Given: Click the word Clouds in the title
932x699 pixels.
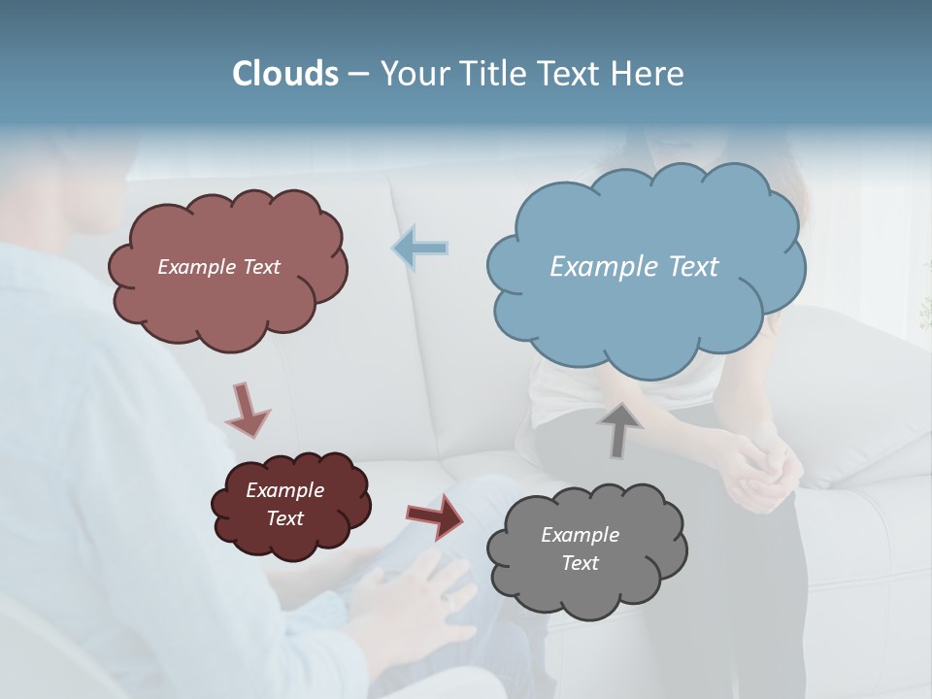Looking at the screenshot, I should (285, 74).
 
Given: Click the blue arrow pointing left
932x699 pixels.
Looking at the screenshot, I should (420, 249).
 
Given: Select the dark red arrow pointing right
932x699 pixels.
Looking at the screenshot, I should (435, 516).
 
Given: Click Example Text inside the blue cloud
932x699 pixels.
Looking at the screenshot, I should (634, 267).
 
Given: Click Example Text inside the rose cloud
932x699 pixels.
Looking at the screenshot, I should (218, 267).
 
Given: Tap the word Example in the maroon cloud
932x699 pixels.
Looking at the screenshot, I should (284, 490).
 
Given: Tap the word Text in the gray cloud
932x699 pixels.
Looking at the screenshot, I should (580, 563).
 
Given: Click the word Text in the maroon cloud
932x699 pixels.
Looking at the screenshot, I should (284, 518).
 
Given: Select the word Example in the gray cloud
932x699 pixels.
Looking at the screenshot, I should (580, 535).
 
